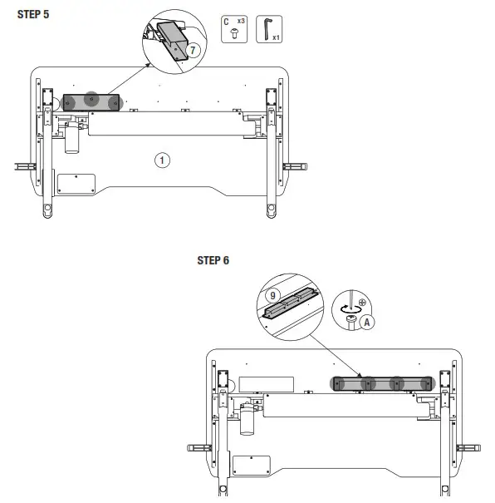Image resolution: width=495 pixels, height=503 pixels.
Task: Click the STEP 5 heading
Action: (33, 14)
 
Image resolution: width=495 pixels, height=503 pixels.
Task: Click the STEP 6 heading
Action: (213, 260)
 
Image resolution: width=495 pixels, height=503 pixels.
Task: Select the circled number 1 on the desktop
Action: (163, 160)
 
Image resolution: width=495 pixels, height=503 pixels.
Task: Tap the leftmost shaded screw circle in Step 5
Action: (71, 101)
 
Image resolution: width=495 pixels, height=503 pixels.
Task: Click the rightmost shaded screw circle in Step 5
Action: (113, 101)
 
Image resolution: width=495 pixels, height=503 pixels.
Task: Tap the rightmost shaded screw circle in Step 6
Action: (426, 383)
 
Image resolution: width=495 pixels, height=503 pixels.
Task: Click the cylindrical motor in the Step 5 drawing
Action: (71, 140)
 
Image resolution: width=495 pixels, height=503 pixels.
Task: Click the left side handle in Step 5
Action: (25, 166)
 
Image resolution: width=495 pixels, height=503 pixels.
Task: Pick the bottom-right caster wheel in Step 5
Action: (271, 209)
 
